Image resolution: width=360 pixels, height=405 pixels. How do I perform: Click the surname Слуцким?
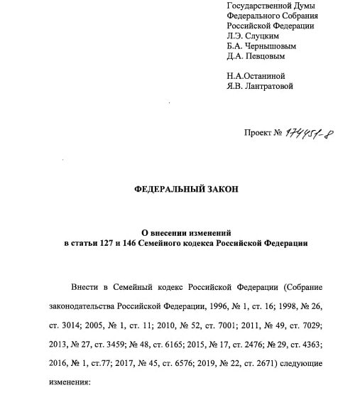261,36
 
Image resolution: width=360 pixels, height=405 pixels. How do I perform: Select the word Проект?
258,133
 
